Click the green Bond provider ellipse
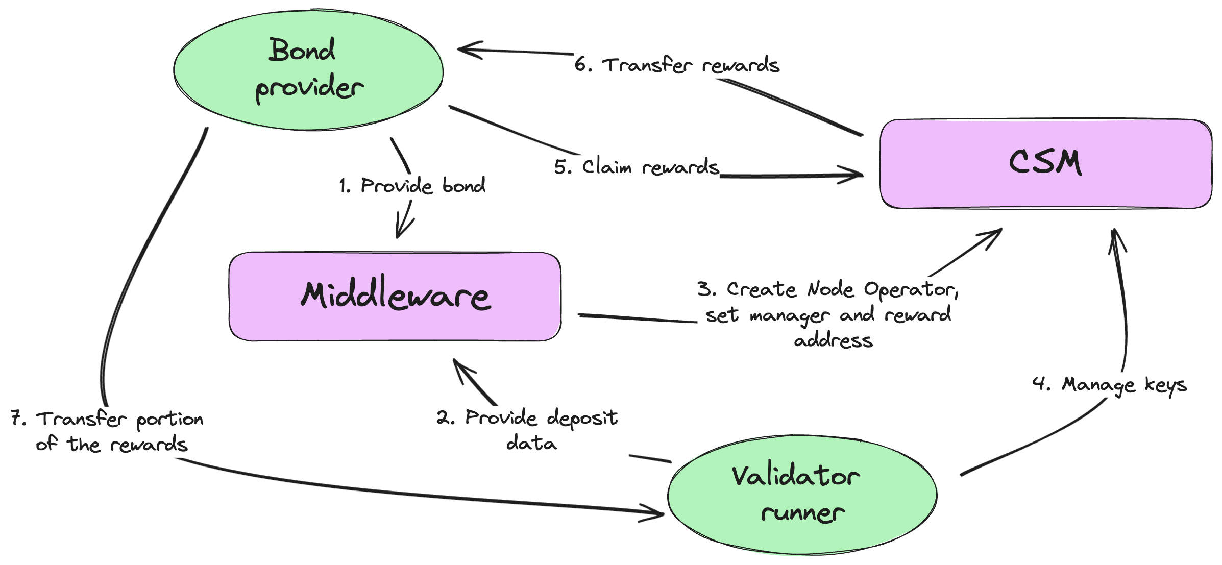coord(308,70)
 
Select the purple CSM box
coord(1046,164)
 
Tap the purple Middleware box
coord(395,296)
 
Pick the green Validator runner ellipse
coord(802,495)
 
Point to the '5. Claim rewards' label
coord(637,166)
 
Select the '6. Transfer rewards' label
coord(677,65)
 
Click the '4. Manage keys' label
coord(1109,385)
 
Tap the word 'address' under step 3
coord(834,339)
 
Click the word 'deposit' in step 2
coord(582,418)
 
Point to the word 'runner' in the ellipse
coord(802,513)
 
